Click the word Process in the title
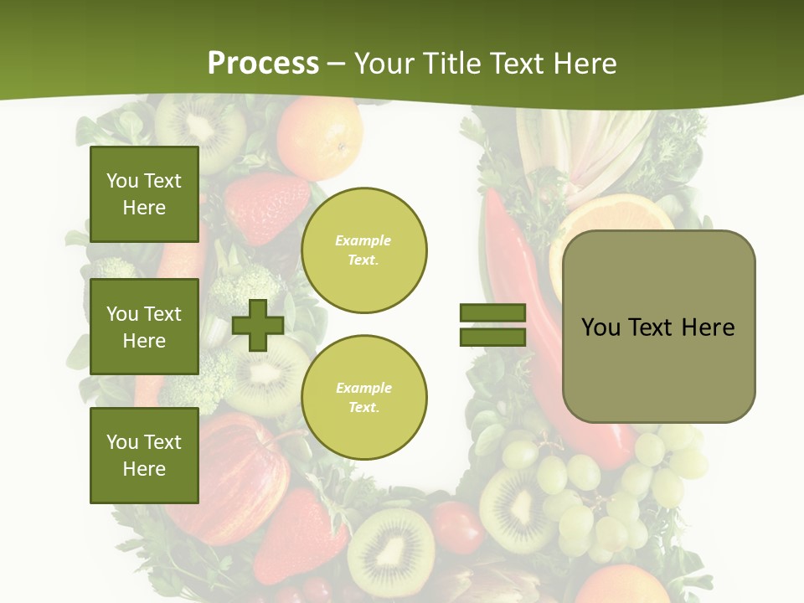263,64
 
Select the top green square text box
144,194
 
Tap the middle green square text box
144,327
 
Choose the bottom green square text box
144,456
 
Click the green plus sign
258,325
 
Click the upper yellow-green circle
363,250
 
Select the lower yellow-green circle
363,398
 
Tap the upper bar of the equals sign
492,312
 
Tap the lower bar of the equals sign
492,337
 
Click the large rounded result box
658,327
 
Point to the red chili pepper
519,276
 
